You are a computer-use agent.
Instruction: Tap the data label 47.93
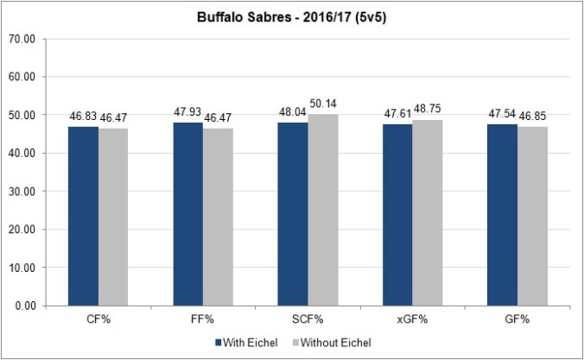187,114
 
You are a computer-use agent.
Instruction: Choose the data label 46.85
532,118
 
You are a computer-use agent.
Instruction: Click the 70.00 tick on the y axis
33,39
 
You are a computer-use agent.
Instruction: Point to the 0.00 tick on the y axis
35,306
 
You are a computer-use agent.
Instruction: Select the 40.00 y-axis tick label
33,153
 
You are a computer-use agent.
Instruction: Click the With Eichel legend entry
251,343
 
